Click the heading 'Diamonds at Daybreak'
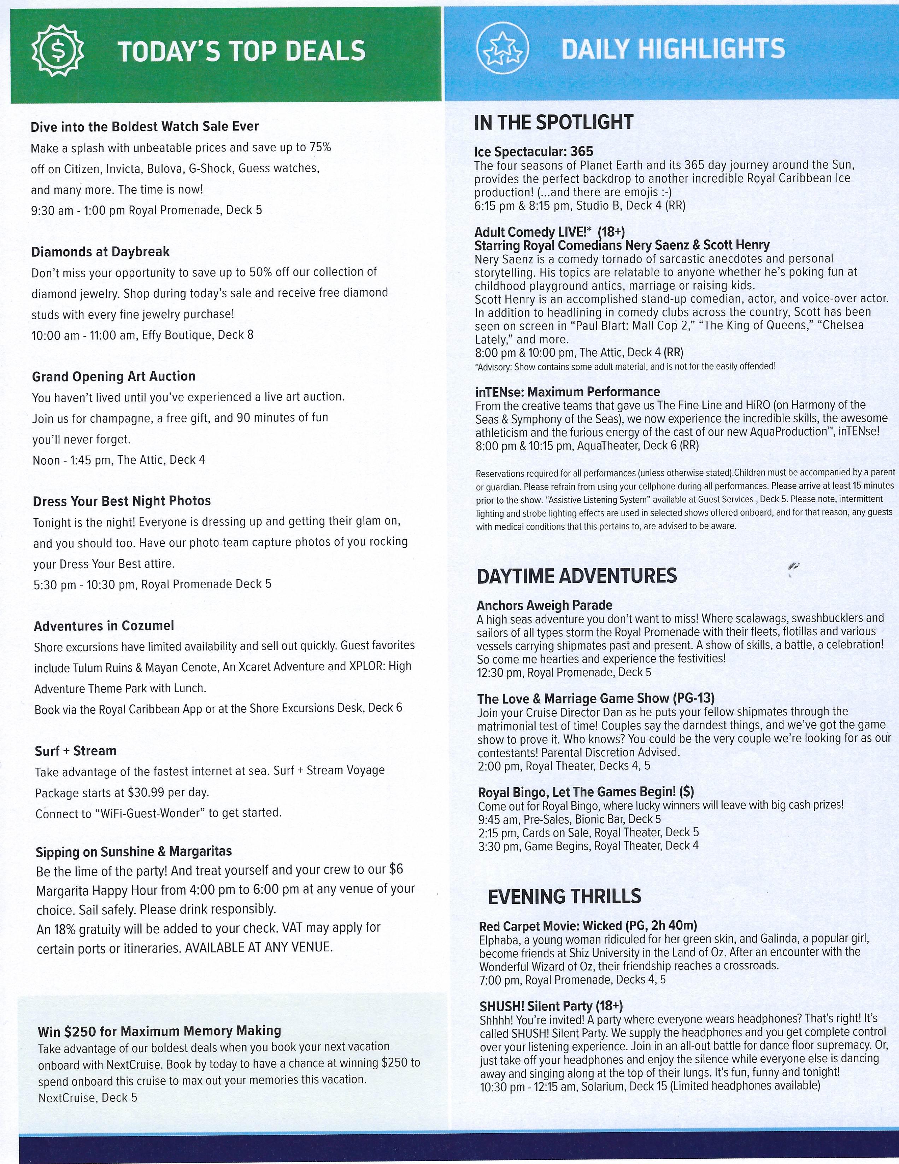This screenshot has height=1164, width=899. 100,251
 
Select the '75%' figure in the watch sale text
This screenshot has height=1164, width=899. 320,147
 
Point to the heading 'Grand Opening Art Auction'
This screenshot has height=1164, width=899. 113,376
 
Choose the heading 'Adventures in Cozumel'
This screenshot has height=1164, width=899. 104,626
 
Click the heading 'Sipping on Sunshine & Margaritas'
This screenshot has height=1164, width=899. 134,851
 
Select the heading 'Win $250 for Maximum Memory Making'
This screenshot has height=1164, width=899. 159,1031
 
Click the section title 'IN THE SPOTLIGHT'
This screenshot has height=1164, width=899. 553,123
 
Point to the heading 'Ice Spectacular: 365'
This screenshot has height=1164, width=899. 533,152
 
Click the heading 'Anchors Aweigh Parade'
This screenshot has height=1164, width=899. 545,605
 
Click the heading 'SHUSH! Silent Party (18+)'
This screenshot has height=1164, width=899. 551,1006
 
